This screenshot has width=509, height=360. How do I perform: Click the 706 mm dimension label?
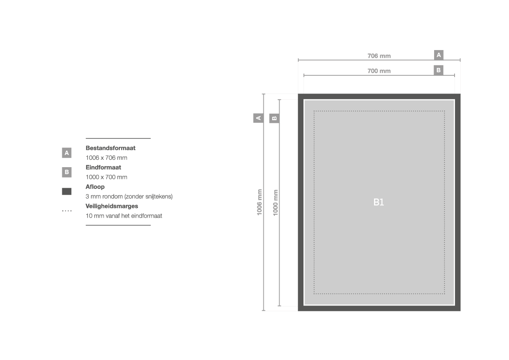click(379, 56)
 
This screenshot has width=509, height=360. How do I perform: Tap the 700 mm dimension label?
click(379, 71)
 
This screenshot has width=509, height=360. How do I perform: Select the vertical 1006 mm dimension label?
click(260, 202)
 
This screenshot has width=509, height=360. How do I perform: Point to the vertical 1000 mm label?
click(275, 202)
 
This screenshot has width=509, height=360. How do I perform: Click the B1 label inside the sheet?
click(378, 202)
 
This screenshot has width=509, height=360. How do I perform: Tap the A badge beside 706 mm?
click(438, 55)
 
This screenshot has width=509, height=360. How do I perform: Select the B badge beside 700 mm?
click(438, 70)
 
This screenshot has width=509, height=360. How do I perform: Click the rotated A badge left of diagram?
click(258, 118)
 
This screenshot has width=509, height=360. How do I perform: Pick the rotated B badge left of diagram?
click(274, 118)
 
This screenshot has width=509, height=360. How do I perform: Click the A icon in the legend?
click(67, 153)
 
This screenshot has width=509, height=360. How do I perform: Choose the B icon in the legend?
click(67, 172)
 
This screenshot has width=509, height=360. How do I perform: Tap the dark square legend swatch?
click(67, 192)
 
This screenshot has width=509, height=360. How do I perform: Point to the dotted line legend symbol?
click(67, 211)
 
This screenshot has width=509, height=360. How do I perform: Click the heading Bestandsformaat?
click(110, 148)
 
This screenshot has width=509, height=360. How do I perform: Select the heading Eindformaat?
click(103, 168)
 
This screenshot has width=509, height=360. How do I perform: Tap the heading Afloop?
click(95, 187)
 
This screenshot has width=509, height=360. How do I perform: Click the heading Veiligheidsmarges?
click(111, 206)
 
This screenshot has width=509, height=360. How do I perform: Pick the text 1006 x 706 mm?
click(107, 158)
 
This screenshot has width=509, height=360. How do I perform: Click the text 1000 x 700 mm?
click(107, 177)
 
